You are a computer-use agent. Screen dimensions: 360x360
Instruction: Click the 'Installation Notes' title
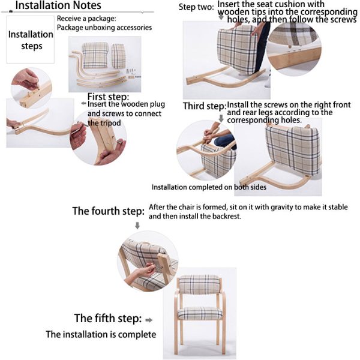pos(58,7)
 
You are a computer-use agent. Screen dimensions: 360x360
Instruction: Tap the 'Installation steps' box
pos(30,40)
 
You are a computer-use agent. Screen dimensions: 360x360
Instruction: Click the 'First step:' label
pos(108,97)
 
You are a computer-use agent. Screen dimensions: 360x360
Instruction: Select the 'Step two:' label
pos(197,7)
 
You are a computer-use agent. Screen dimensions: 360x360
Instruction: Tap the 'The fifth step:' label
pos(108,318)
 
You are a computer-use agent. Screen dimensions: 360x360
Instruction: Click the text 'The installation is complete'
pos(101,334)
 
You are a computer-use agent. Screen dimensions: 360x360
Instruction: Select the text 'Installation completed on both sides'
pos(209,187)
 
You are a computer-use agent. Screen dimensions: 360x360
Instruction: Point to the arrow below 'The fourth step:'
pos(137,226)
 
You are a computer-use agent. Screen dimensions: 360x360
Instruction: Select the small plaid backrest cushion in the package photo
pos(119,55)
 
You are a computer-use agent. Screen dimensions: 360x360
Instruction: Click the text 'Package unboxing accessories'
pos(104,28)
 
